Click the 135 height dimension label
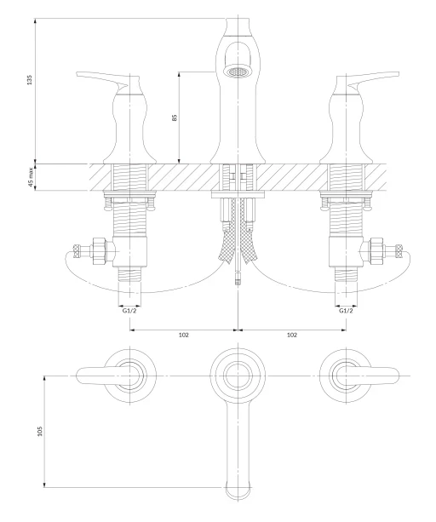click(x=30, y=80)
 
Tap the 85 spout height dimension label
click(x=175, y=118)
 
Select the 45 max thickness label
click(x=31, y=177)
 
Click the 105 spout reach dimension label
click(x=40, y=431)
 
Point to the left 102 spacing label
click(x=184, y=335)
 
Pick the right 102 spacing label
click(x=292, y=335)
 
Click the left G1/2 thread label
click(x=129, y=311)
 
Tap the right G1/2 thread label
click(x=346, y=311)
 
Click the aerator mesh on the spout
click(x=238, y=72)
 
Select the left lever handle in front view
click(x=103, y=80)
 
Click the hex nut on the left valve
click(x=99, y=251)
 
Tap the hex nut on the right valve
click(x=376, y=251)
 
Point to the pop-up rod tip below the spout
click(x=238, y=278)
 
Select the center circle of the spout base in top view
click(x=238, y=376)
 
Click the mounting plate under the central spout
click(x=238, y=195)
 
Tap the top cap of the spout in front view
click(x=238, y=26)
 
